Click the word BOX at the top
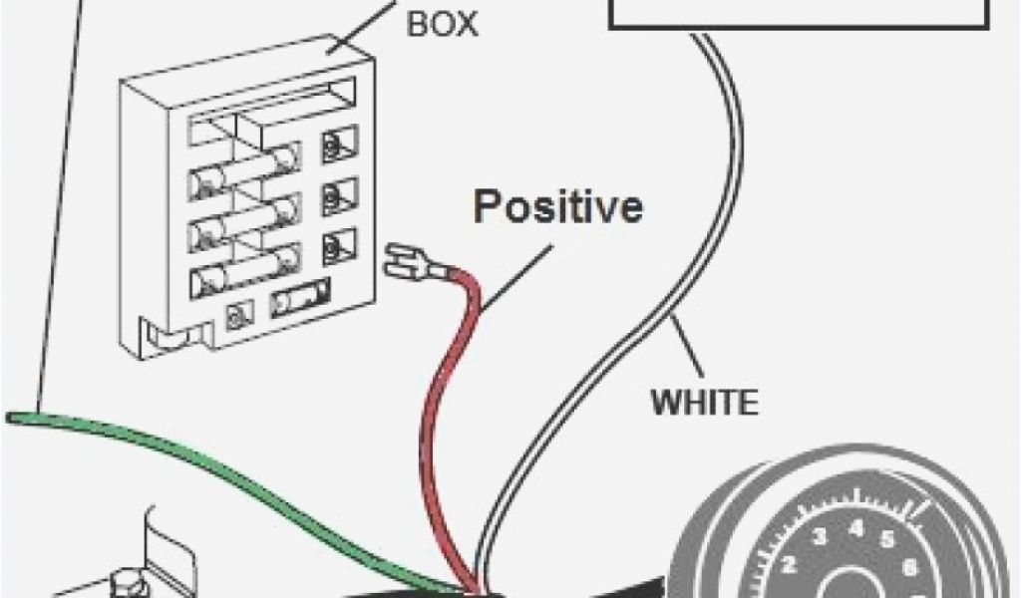[442, 23]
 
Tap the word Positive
[557, 207]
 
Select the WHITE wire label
[704, 403]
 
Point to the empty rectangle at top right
[798, 12]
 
